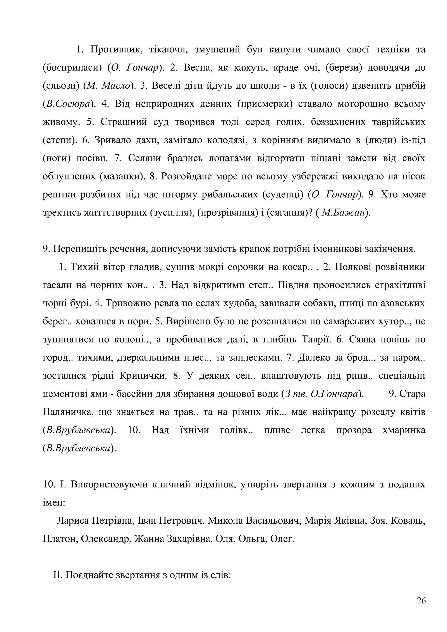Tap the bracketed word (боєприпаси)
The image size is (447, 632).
click(72, 68)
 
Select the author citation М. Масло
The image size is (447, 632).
click(108, 86)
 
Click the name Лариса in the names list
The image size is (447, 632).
click(73, 521)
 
